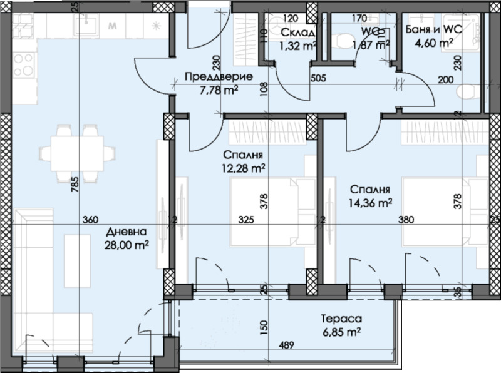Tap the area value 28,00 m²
[127, 245]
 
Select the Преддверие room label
[219, 78]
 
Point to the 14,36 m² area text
[371, 202]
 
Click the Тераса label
[341, 317]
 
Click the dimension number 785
[76, 185]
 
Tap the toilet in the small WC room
[345, 41]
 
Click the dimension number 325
[246, 220]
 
